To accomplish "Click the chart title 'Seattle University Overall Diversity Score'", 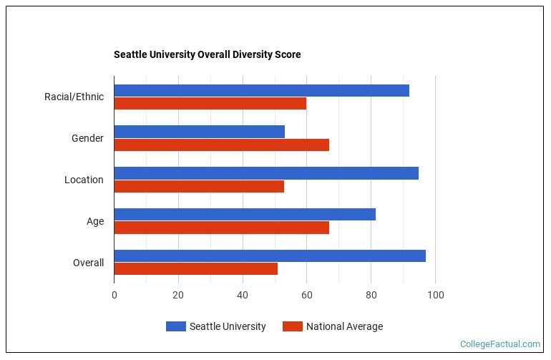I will pyautogui.click(x=207, y=54).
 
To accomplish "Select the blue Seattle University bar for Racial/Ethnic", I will pyautogui.click(x=261, y=90).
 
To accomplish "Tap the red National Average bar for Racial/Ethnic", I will pyautogui.click(x=210, y=103).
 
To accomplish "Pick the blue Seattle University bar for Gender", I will pyautogui.click(x=199, y=132).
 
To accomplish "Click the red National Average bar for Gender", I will pyautogui.click(x=221, y=145).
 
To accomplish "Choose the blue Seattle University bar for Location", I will pyautogui.click(x=266, y=173).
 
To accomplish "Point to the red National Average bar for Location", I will pyautogui.click(x=199, y=186).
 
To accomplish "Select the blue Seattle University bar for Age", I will pyautogui.click(x=245, y=215).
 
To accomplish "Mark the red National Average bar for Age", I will pyautogui.click(x=221, y=228).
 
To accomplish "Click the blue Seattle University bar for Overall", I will pyautogui.click(x=270, y=256).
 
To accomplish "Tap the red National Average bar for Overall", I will pyautogui.click(x=195, y=269).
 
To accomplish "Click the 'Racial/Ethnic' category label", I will pyautogui.click(x=74, y=97).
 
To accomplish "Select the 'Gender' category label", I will pyautogui.click(x=87, y=138).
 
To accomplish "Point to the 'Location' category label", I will pyautogui.click(x=84, y=180).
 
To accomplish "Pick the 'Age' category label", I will pyautogui.click(x=95, y=221).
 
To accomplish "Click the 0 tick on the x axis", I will pyautogui.click(x=114, y=295).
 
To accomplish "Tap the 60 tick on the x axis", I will pyautogui.click(x=306, y=295).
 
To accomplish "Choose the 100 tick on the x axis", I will pyautogui.click(x=435, y=295).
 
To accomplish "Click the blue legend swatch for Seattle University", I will pyautogui.click(x=175, y=326).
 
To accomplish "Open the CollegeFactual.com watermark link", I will pyautogui.click(x=500, y=344).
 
